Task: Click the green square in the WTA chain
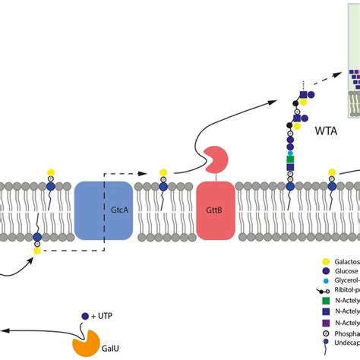290,157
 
